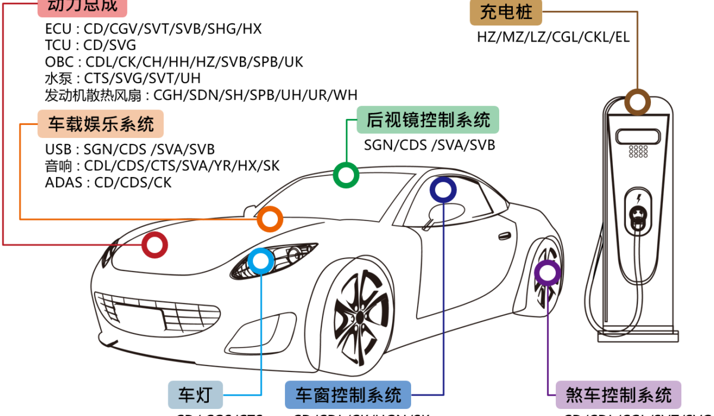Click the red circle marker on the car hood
pos(155,245)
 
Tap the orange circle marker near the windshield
pos(270,219)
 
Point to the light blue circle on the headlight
pos(260,261)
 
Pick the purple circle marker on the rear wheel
pos(547,273)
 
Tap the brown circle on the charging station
pos(637,102)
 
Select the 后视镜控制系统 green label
pos(428,121)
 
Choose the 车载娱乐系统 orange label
pos(101,124)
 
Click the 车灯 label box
pos(195,394)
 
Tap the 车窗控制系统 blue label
pos(348,394)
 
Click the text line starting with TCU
pos(90,45)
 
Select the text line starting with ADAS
pos(108,182)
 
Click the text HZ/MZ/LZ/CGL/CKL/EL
pos(553,37)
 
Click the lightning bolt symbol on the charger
pos(638,198)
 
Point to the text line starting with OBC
pos(174,62)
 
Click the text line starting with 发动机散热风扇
pos(201,94)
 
